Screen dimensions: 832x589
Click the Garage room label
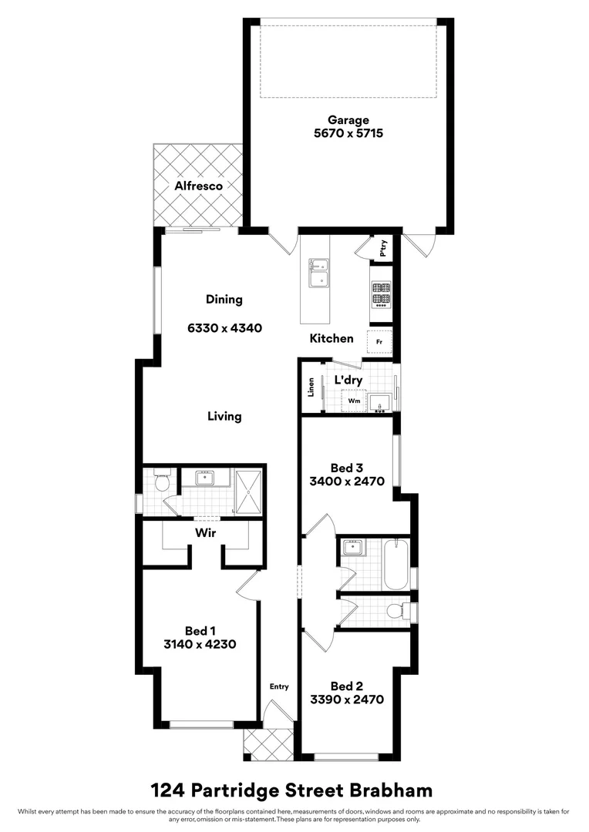[x=348, y=119]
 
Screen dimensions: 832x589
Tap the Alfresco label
[x=198, y=186]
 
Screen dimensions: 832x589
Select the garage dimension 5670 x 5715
[x=348, y=133]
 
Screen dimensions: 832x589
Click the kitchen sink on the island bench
[x=318, y=273]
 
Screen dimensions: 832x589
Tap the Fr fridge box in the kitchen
[x=379, y=341]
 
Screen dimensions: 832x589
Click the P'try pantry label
[x=384, y=249]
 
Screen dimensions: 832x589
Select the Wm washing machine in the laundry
[x=354, y=401]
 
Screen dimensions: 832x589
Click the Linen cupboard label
[x=311, y=387]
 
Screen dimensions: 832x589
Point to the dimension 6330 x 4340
[x=224, y=327]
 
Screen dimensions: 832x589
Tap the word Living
[x=224, y=416]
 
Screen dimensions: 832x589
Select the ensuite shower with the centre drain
[x=248, y=490]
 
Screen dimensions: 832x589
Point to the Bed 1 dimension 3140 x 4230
[x=200, y=644]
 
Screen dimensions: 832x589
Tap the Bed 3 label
[x=346, y=468]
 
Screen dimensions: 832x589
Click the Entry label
[x=278, y=686]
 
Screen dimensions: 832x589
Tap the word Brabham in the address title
[x=387, y=790]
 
